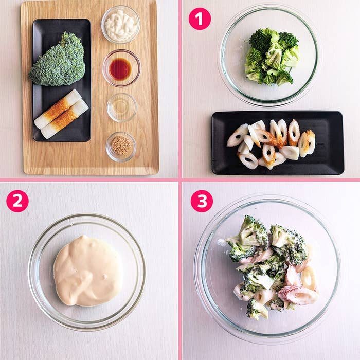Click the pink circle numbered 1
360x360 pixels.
200,19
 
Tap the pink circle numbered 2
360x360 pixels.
17,201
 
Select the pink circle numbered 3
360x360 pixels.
202,201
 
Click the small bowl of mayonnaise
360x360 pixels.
120,25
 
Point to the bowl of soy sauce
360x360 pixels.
121,68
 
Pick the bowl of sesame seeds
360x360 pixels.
121,147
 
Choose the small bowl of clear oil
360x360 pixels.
122,107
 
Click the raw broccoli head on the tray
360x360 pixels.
58,61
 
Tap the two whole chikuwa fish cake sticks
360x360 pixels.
61,114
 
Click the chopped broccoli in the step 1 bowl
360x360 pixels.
273,57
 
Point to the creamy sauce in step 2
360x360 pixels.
88,271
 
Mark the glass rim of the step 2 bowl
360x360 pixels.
87,214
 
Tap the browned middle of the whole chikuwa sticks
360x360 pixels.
61,114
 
